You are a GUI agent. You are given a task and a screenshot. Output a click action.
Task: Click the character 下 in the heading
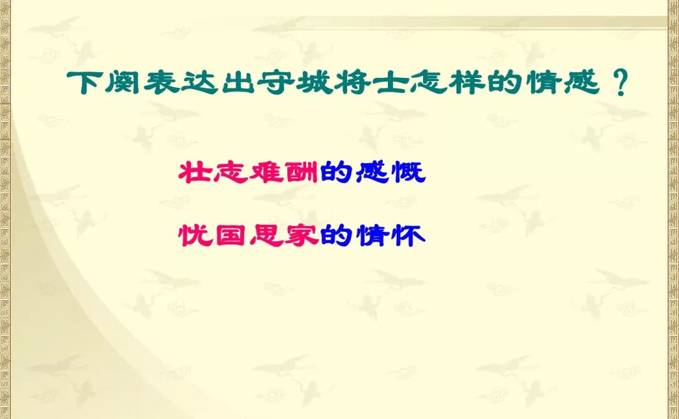84,82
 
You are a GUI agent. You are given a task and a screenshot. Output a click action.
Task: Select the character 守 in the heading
275,82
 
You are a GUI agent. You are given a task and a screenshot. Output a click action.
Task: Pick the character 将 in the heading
351,82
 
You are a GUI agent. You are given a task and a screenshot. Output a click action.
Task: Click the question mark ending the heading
621,83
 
